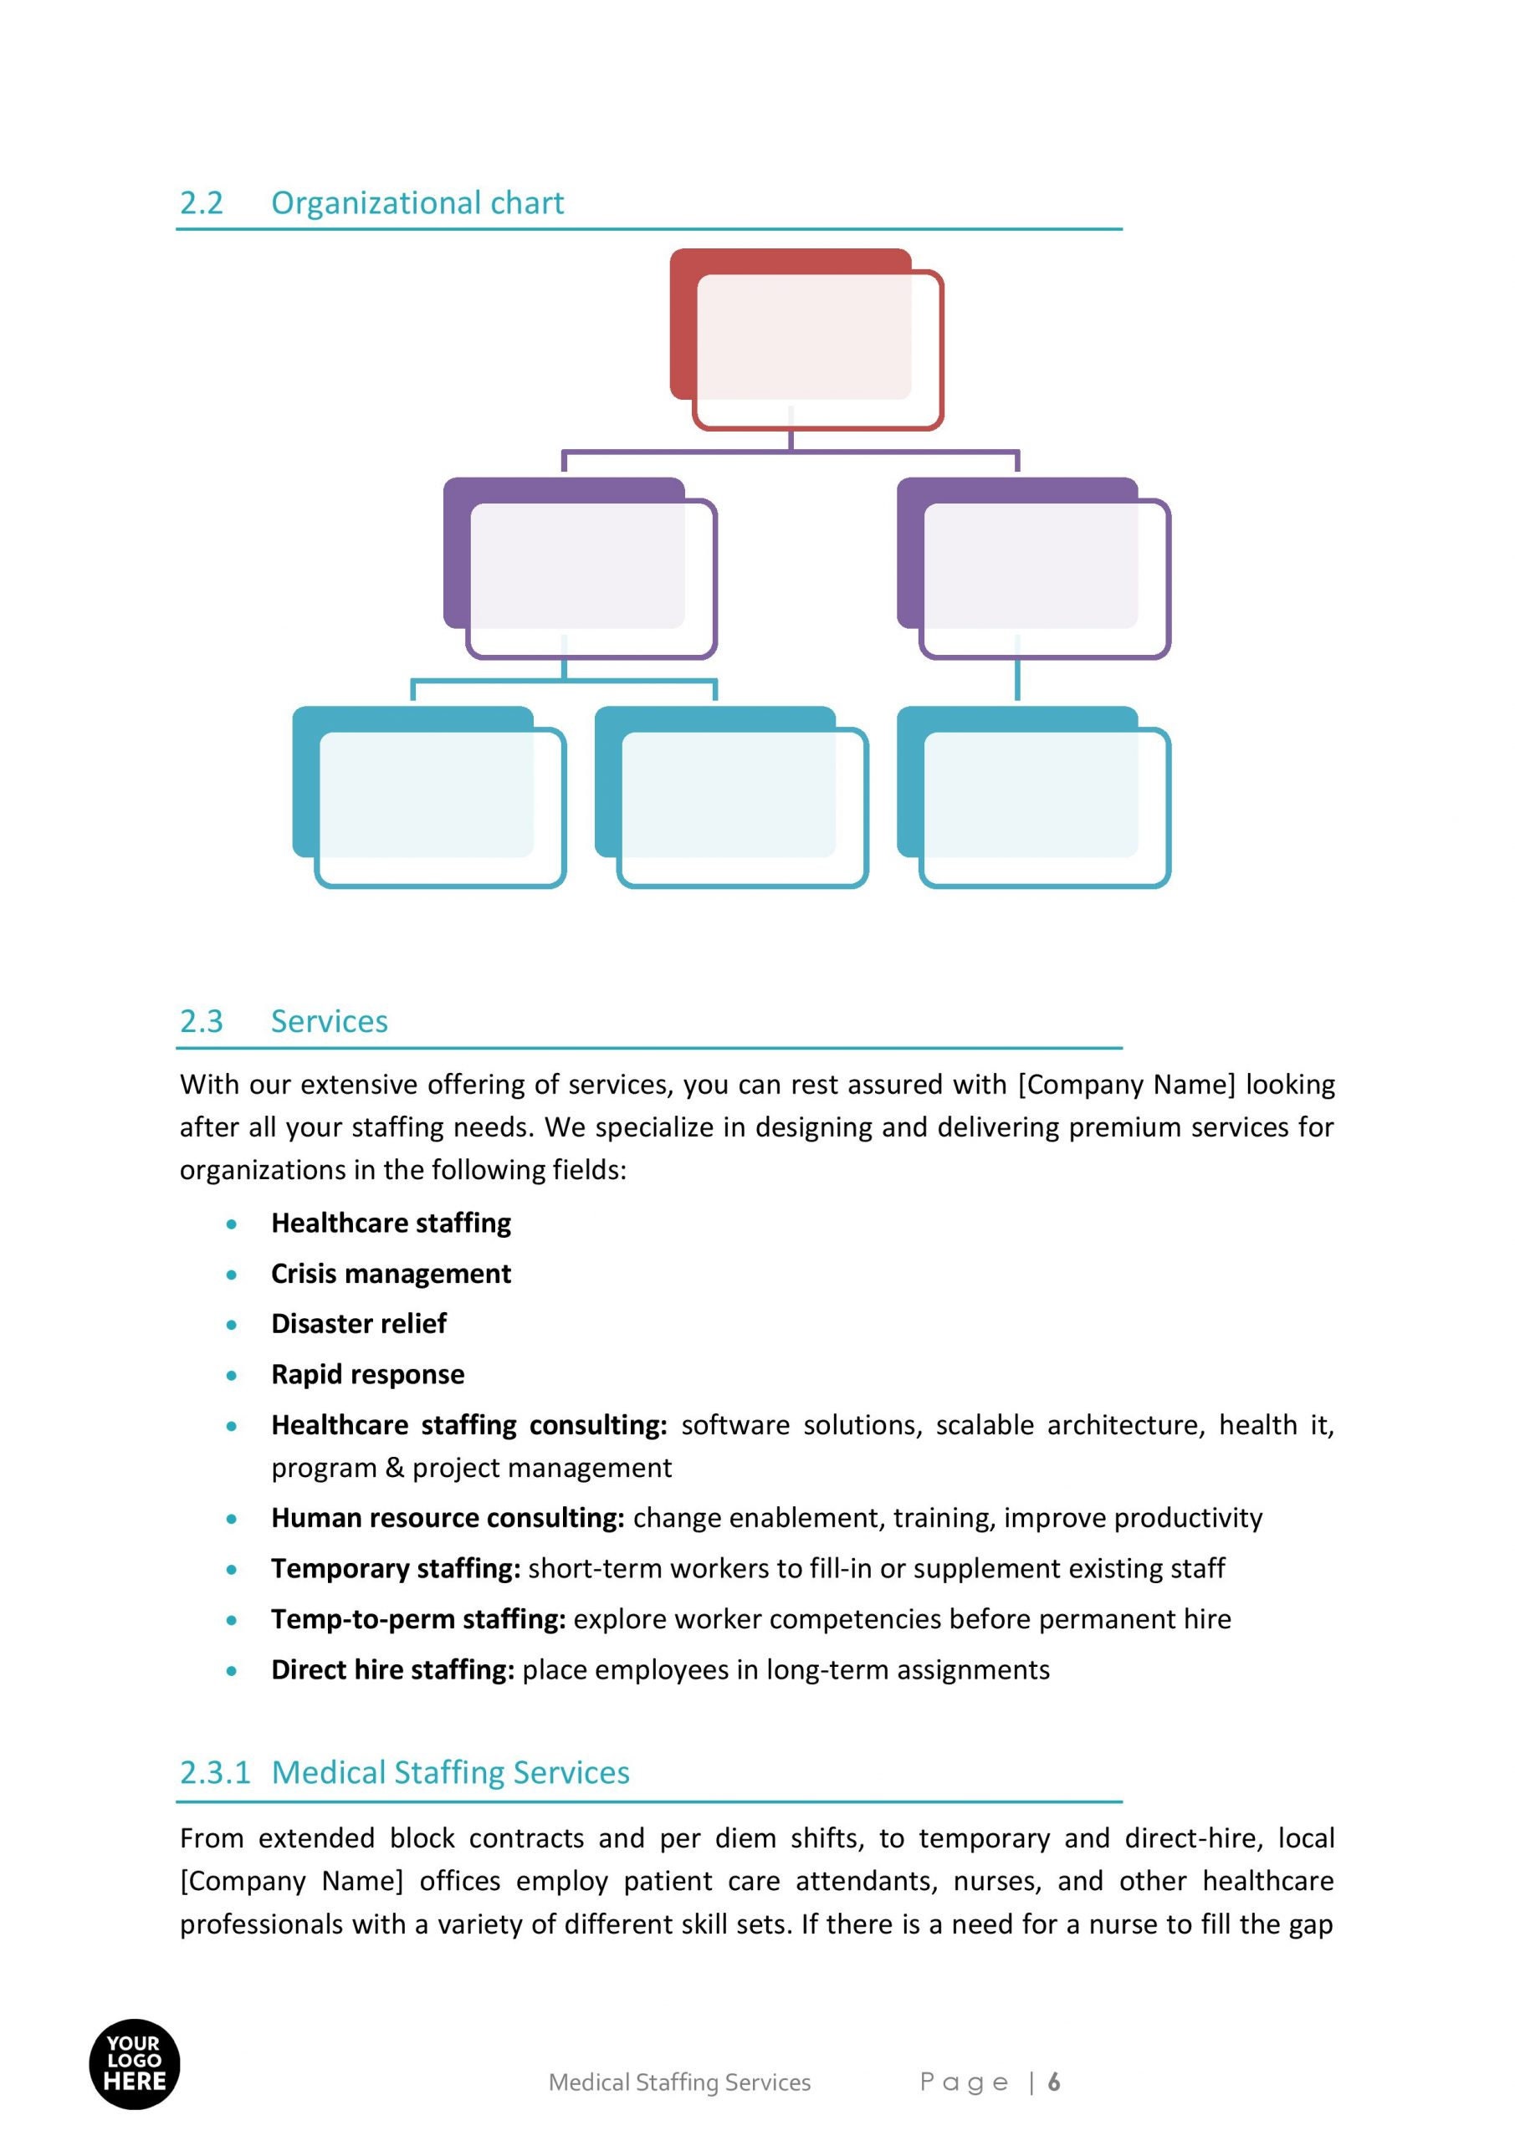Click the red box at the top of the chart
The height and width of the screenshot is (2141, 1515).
tap(806, 339)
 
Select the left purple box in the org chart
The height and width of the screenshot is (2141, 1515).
tap(580, 568)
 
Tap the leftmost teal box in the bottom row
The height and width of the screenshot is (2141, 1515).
tap(428, 796)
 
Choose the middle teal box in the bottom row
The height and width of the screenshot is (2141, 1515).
tap(730, 796)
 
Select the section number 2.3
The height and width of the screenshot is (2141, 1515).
tap(202, 1021)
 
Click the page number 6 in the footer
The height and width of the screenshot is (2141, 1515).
tap(1054, 2082)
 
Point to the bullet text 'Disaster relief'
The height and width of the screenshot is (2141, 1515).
tap(358, 1323)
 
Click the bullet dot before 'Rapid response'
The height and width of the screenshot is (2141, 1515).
tap(232, 1376)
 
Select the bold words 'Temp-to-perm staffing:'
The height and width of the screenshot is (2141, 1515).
tap(418, 1619)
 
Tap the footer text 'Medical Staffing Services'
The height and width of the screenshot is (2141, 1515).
tap(679, 2082)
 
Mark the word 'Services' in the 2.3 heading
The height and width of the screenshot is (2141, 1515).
tap(330, 1021)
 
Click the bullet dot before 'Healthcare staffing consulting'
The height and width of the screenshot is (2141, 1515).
tap(232, 1426)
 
